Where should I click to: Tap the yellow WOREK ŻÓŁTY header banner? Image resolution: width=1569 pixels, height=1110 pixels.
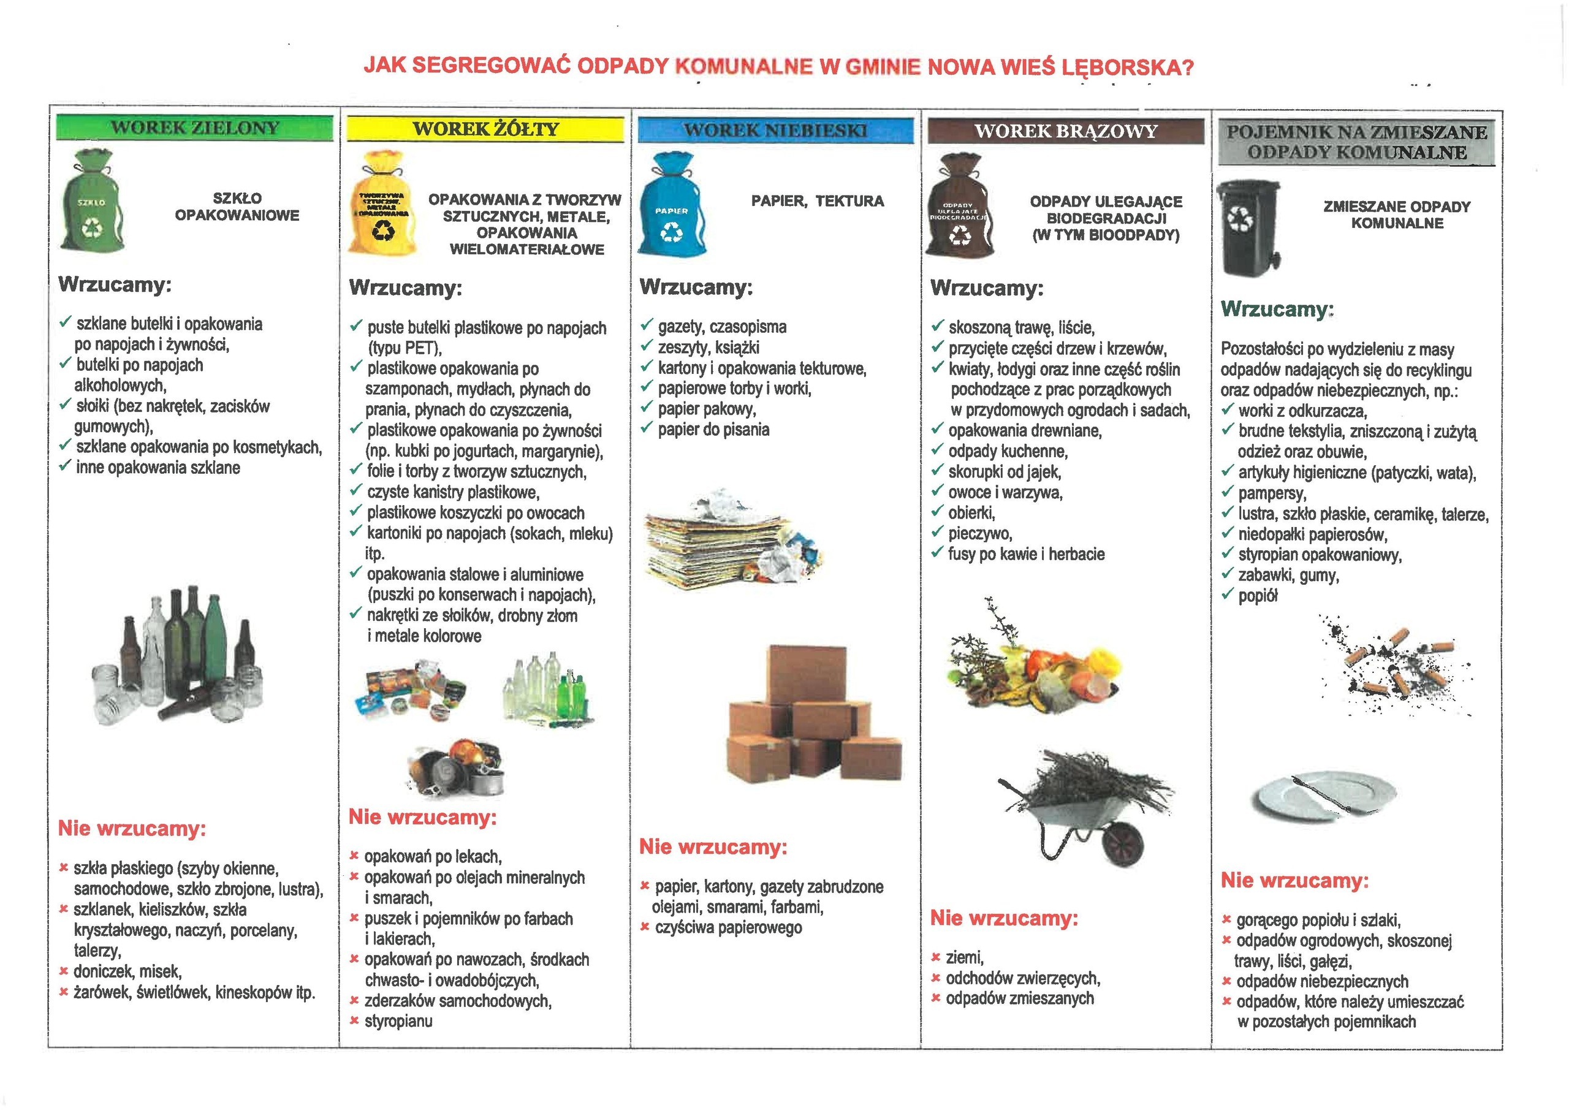tap(485, 129)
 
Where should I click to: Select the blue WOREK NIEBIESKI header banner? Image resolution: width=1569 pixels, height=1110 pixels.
tap(776, 130)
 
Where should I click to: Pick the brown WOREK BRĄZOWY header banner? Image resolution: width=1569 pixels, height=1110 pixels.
tap(1065, 131)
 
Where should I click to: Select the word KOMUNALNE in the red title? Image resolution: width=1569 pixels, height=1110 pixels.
tap(743, 67)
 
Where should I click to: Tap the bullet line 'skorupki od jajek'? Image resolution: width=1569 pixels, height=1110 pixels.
tap(1004, 471)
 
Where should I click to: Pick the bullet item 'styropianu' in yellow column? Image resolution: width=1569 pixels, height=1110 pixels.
tap(398, 1021)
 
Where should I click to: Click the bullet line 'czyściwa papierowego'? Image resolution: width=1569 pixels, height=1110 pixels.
tap(728, 927)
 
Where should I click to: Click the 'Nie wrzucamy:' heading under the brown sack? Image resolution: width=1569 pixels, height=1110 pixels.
tap(1004, 918)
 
